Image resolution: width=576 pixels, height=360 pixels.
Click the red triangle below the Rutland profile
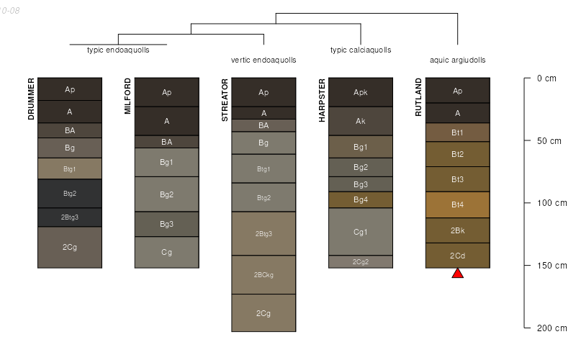457,273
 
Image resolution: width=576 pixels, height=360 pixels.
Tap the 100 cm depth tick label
552,203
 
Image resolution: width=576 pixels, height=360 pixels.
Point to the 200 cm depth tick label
552,328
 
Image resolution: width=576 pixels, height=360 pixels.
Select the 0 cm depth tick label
546,78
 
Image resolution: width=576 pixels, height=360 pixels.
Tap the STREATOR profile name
225,101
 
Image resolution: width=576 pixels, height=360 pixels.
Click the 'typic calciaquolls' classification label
361,50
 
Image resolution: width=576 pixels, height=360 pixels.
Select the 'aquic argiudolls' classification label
457,60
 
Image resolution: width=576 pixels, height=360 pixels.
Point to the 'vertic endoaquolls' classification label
264,60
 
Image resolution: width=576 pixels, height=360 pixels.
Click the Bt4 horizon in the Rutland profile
457,205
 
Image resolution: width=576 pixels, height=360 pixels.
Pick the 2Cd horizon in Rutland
457,256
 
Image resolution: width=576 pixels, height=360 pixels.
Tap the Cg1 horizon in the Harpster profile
361,232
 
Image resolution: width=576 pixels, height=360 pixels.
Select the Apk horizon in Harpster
361,92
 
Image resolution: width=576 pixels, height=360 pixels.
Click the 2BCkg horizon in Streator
264,275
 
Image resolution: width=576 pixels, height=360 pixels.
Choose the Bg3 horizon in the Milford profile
166,224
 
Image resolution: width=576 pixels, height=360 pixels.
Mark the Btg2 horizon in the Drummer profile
70,193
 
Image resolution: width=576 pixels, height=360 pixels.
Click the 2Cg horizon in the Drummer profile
70,247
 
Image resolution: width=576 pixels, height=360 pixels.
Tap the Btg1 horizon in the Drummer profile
70,168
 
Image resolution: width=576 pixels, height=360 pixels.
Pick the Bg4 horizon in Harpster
361,199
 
